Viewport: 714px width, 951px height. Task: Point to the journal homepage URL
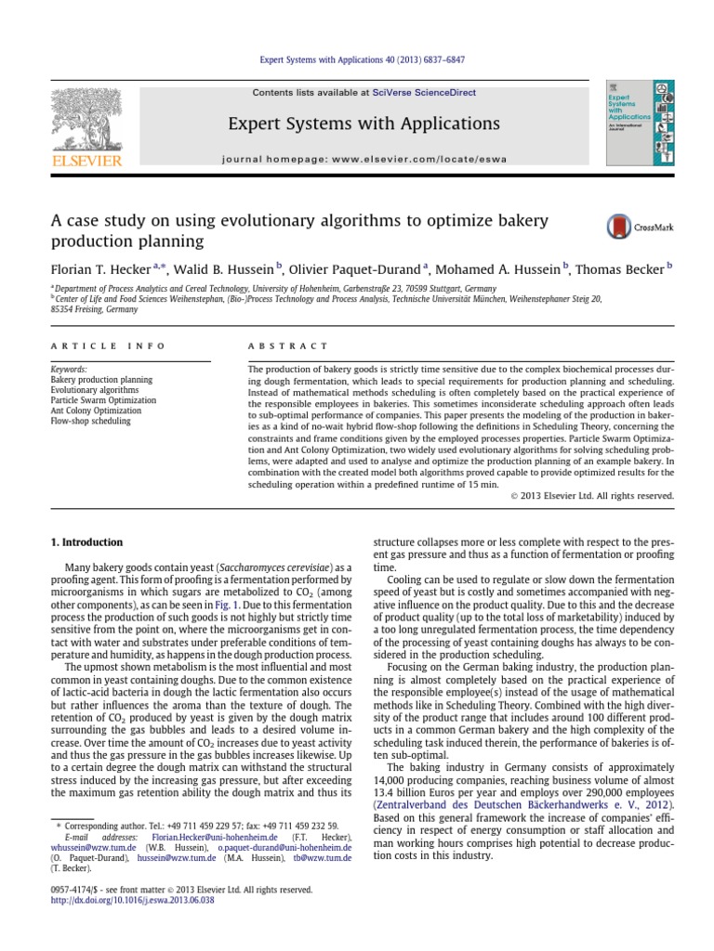(364, 159)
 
